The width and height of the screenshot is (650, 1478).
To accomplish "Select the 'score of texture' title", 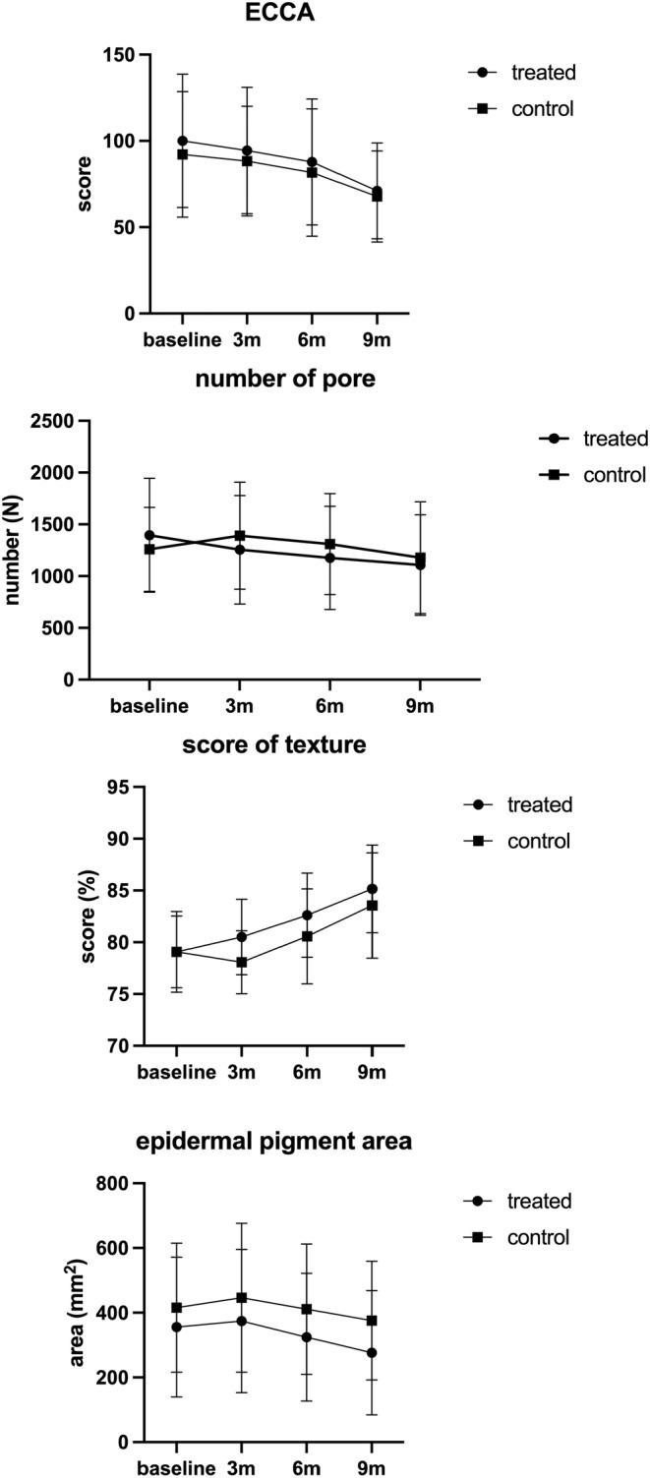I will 274,745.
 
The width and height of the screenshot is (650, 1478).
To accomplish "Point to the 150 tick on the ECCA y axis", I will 119,55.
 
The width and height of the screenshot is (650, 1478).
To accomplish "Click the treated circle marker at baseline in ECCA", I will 183,141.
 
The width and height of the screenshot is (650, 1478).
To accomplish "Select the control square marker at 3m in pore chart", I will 239,535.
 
